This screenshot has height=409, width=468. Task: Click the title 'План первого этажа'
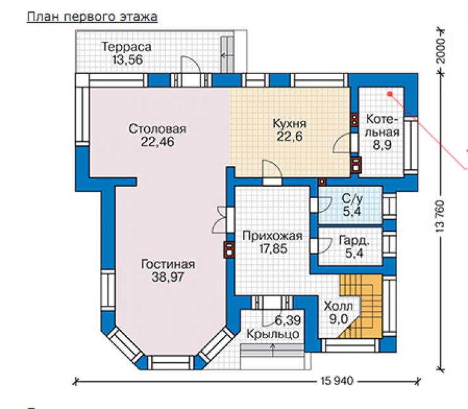pyautogui.click(x=92, y=16)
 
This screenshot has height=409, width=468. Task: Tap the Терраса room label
pyautogui.click(x=126, y=47)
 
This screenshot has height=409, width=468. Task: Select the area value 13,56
pyautogui.click(x=128, y=60)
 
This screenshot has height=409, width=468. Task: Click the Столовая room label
pyautogui.click(x=157, y=129)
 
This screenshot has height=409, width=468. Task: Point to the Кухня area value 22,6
pyautogui.click(x=290, y=137)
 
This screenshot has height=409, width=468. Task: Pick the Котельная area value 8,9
pyautogui.click(x=382, y=145)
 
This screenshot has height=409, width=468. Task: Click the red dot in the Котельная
pyautogui.click(x=390, y=94)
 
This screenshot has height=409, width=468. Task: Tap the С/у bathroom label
pyautogui.click(x=352, y=199)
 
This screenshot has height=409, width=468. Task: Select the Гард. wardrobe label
pyautogui.click(x=354, y=241)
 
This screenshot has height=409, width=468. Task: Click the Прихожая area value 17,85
pyautogui.click(x=273, y=249)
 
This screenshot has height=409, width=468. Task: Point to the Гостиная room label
pyautogui.click(x=168, y=264)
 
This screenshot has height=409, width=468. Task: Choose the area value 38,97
pyautogui.click(x=168, y=277)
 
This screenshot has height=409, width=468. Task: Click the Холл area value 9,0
pyautogui.click(x=338, y=319)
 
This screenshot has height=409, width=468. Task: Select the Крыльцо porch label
pyautogui.click(x=273, y=334)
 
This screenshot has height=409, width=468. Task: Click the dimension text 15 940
pyautogui.click(x=336, y=381)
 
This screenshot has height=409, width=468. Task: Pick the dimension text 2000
pyautogui.click(x=441, y=51)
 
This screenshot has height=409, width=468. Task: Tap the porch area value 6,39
pyautogui.click(x=288, y=320)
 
